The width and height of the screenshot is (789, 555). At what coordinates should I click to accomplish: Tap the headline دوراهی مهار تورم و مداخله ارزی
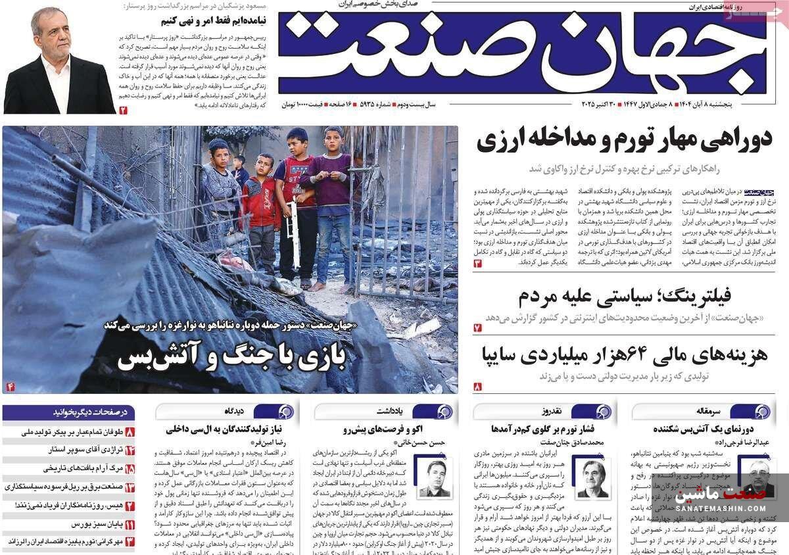624,140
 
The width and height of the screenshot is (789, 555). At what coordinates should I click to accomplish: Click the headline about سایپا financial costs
624,355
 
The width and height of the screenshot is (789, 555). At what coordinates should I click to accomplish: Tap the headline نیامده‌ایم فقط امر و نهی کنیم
213,21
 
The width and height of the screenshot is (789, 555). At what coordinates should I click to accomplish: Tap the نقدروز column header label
551,412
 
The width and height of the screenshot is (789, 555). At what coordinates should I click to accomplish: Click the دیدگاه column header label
234,412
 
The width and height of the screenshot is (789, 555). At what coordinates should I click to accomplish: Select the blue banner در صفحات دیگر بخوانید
68,413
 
